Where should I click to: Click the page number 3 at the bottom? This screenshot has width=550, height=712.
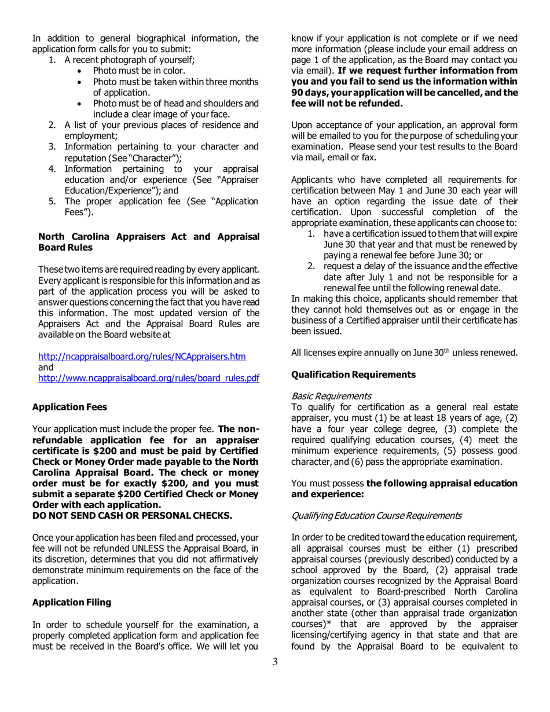click(x=275, y=678)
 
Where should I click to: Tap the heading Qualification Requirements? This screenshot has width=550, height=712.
click(x=353, y=375)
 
